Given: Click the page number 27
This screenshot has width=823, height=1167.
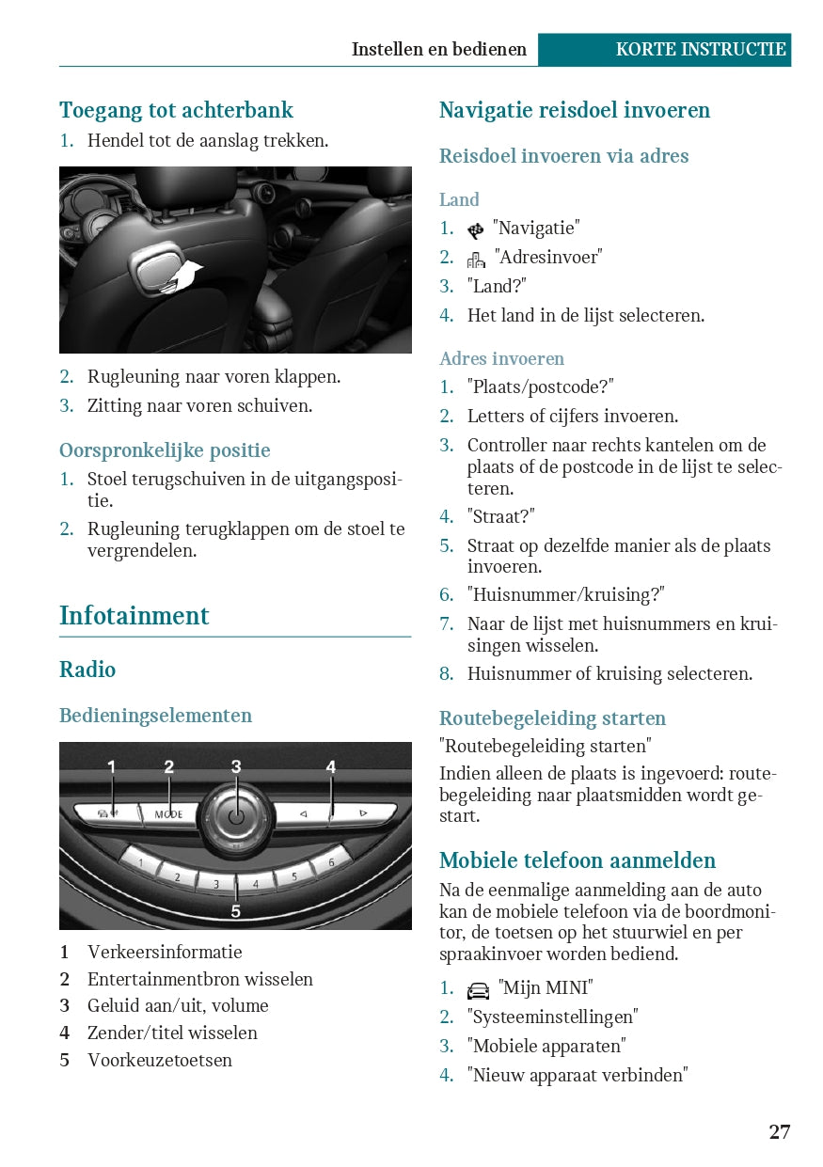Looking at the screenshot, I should tap(779, 1131).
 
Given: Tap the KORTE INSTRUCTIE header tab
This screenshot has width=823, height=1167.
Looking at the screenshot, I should tap(700, 50).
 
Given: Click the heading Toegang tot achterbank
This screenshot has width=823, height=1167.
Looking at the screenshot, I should tap(176, 110).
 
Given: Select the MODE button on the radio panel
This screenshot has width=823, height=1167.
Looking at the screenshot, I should tap(169, 813).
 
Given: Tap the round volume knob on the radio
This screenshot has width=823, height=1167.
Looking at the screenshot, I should tap(236, 814).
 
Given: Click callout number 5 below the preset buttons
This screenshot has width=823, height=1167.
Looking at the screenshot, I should tap(236, 910).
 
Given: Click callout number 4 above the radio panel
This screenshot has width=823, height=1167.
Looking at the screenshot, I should tap(331, 767).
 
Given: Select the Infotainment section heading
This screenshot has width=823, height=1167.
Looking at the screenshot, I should tap(134, 616).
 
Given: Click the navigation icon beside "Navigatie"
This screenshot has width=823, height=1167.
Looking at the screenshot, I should tap(476, 229).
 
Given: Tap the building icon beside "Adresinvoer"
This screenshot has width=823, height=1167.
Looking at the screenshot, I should tap(476, 259).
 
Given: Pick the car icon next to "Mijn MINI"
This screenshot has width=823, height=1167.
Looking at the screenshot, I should tap(478, 990).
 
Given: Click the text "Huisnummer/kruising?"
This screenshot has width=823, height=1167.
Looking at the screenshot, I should tap(565, 595).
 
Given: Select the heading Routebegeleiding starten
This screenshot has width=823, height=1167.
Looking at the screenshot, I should tap(552, 718).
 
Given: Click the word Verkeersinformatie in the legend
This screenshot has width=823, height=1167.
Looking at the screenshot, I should tap(165, 952).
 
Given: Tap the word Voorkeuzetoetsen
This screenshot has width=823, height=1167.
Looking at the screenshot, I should tap(160, 1060).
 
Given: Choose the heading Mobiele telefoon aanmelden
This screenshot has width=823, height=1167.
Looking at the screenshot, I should tap(578, 860).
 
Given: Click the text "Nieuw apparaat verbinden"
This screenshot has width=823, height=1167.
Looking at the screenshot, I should tap(578, 1075).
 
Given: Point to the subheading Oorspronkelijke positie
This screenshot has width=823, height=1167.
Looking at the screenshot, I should tap(165, 450).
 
